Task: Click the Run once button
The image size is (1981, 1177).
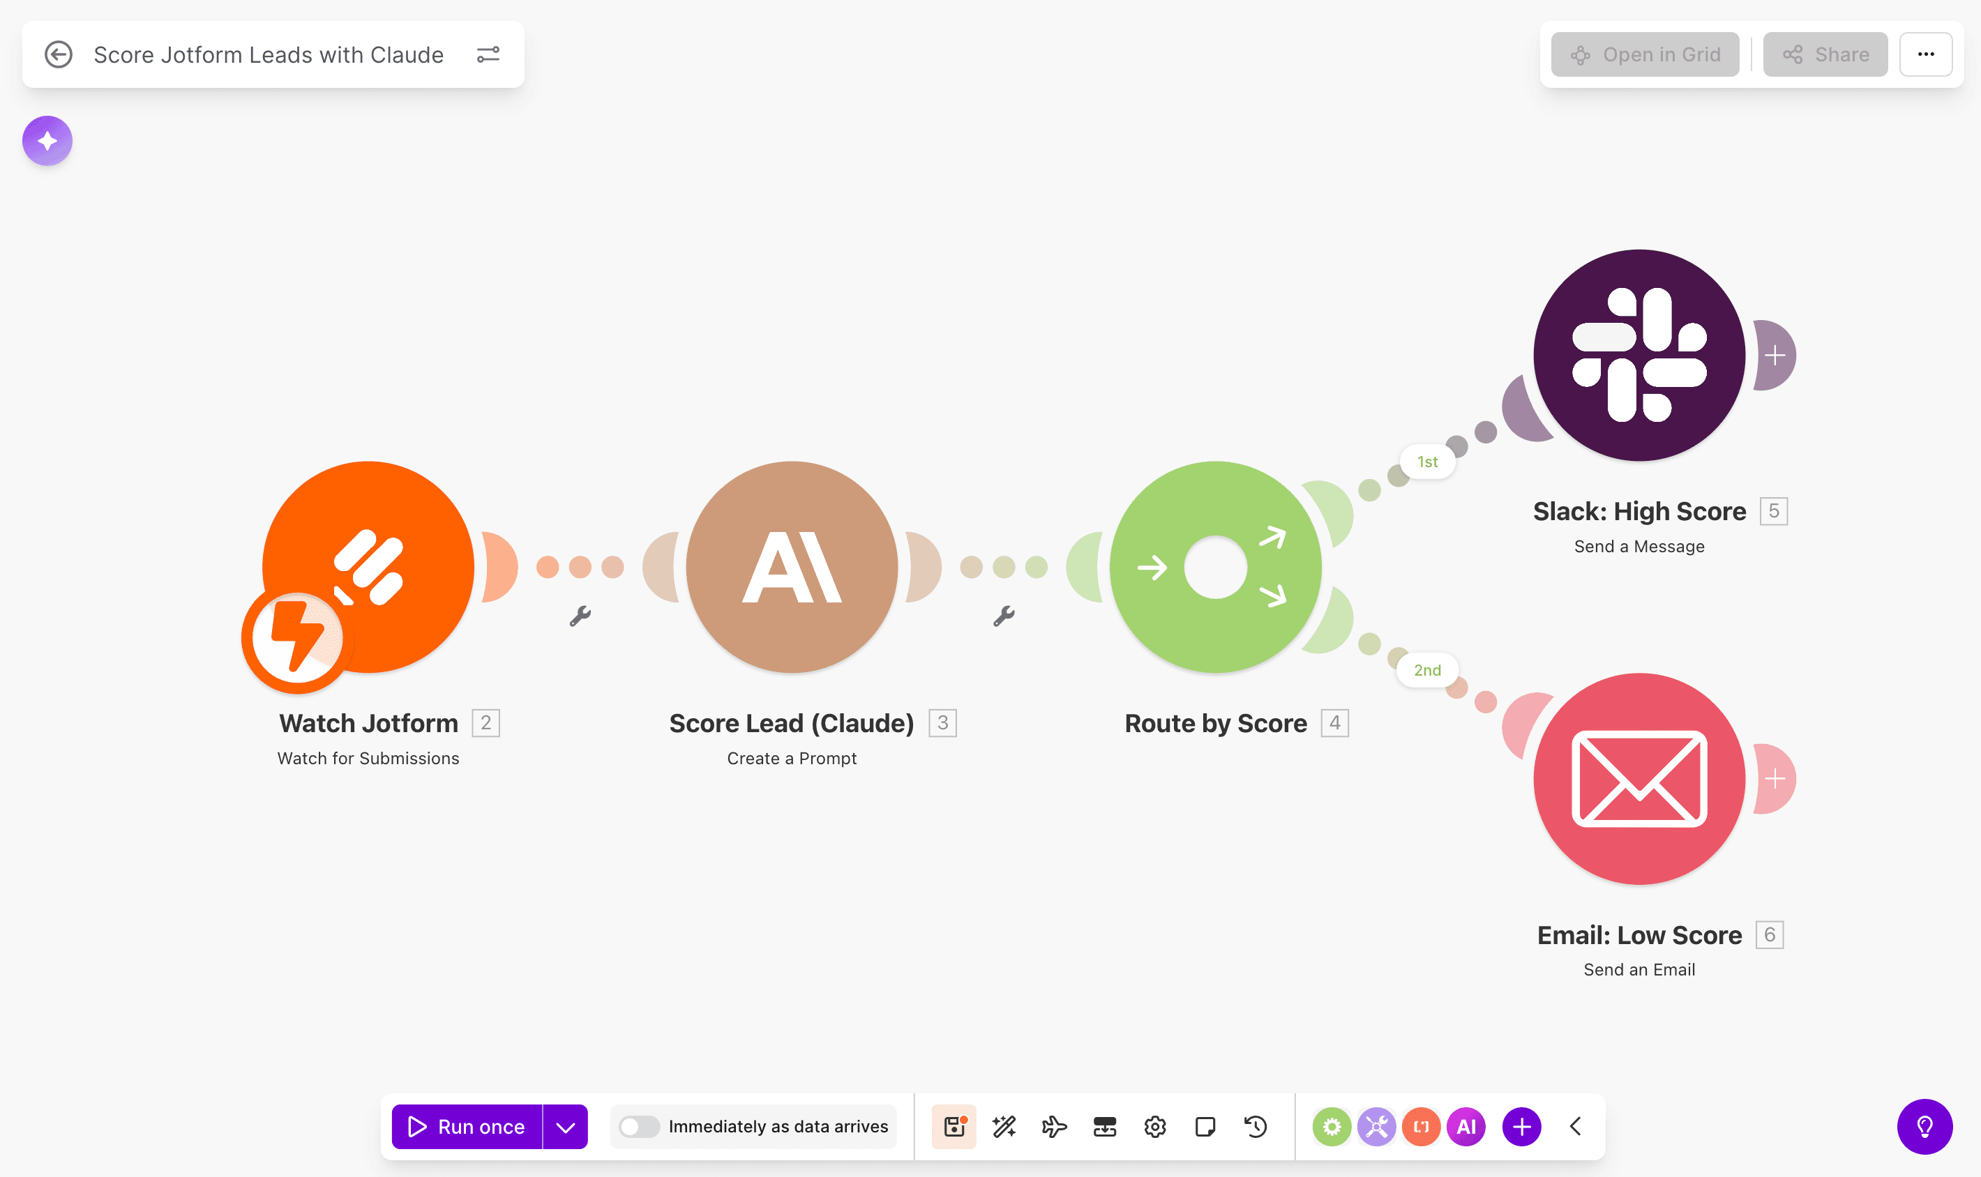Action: pyautogui.click(x=467, y=1126)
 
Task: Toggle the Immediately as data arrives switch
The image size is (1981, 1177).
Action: pyautogui.click(x=640, y=1126)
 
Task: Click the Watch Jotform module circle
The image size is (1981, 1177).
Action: pyautogui.click(x=368, y=567)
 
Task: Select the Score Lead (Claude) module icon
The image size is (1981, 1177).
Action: pyautogui.click(x=792, y=567)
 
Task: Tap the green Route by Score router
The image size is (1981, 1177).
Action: pyautogui.click(x=1215, y=567)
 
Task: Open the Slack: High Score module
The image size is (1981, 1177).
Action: pyautogui.click(x=1639, y=356)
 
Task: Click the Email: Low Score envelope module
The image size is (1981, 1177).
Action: pyautogui.click(x=1639, y=779)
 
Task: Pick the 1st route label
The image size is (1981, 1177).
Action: pyautogui.click(x=1427, y=462)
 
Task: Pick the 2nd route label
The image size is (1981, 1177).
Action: pyautogui.click(x=1427, y=670)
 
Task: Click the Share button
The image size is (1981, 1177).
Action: pyautogui.click(x=1825, y=54)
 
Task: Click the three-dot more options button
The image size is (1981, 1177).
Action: pyautogui.click(x=1925, y=54)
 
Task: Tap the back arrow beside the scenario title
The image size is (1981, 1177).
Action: pyautogui.click(x=58, y=54)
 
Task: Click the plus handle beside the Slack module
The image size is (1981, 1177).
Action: pyautogui.click(x=1775, y=356)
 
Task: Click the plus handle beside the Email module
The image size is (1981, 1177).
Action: pyautogui.click(x=1775, y=779)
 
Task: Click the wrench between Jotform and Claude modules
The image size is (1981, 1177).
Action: pyautogui.click(x=580, y=616)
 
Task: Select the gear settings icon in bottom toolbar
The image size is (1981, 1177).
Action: pyautogui.click(x=1155, y=1126)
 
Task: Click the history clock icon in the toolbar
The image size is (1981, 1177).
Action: pyautogui.click(x=1255, y=1126)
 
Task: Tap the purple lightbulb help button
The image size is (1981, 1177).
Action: pyautogui.click(x=1924, y=1126)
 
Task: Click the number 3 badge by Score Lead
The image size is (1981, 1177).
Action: pyautogui.click(x=942, y=722)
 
